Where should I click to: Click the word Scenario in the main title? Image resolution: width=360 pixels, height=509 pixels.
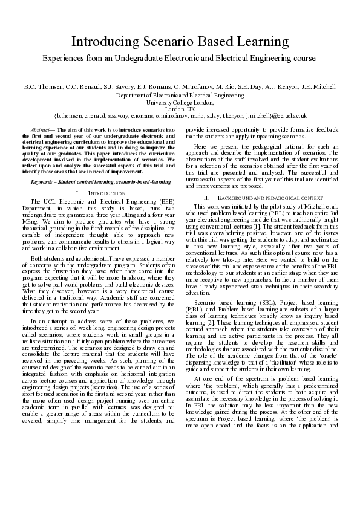[x=157, y=42]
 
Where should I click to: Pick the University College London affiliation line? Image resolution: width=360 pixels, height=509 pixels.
[x=180, y=102]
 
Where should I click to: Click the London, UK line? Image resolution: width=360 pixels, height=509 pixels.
[x=180, y=108]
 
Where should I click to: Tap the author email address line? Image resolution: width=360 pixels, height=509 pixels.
[x=180, y=115]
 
